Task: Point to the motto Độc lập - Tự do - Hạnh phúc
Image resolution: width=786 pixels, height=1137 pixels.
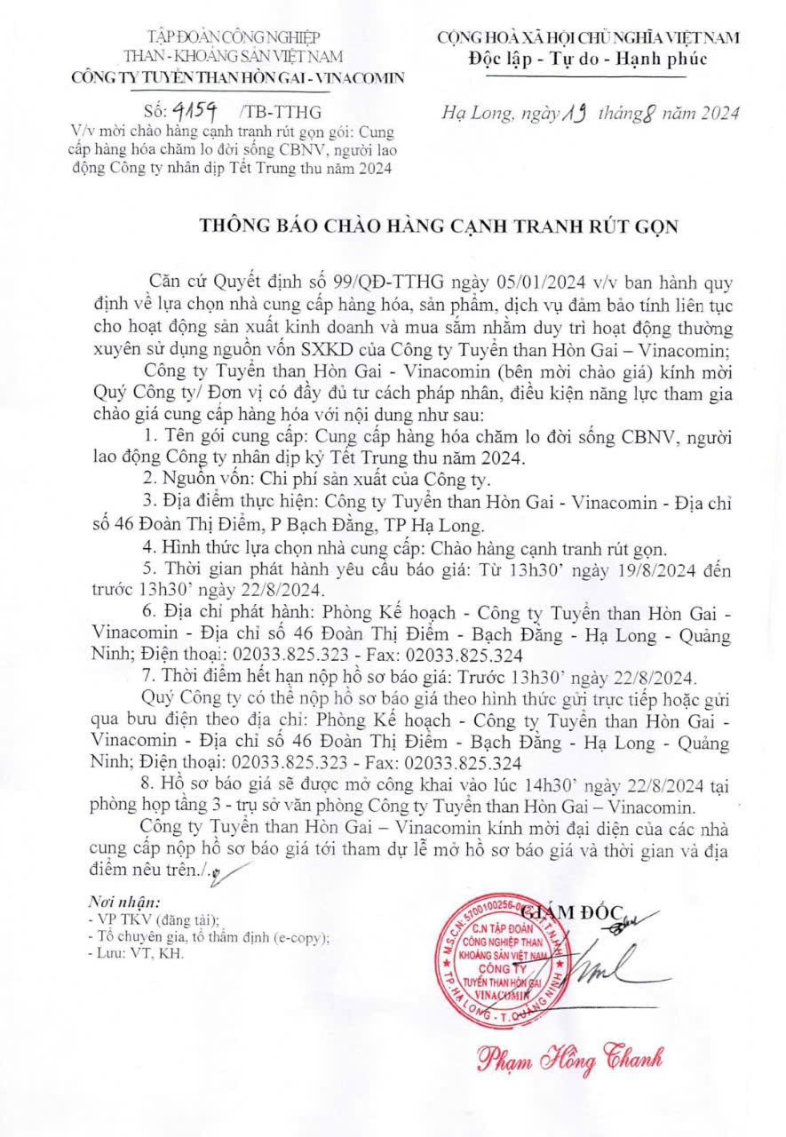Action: pos(588,59)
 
